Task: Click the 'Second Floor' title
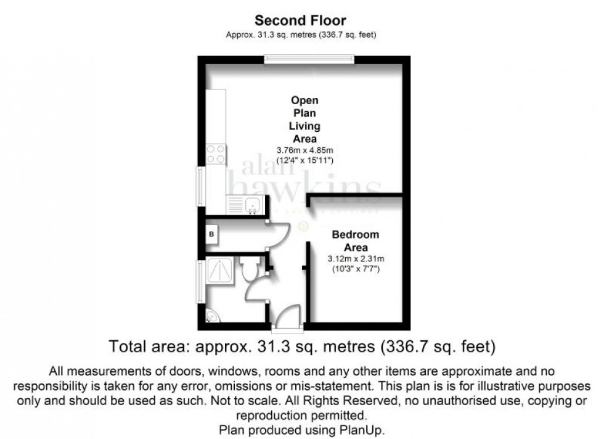pos(301,22)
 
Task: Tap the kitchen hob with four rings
pos(216,154)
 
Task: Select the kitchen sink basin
pos(253,204)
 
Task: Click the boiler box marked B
pos(211,234)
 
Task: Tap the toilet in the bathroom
pos(250,269)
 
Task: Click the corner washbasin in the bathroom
pos(211,316)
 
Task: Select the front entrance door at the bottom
pos(285,317)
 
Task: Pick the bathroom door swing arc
pos(256,290)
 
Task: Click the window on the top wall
pos(309,59)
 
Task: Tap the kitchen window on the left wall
pos(200,186)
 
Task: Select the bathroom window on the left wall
pos(200,281)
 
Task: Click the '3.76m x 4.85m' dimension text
pos(304,150)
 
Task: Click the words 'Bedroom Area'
pos(356,241)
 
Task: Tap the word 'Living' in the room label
pos(304,126)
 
